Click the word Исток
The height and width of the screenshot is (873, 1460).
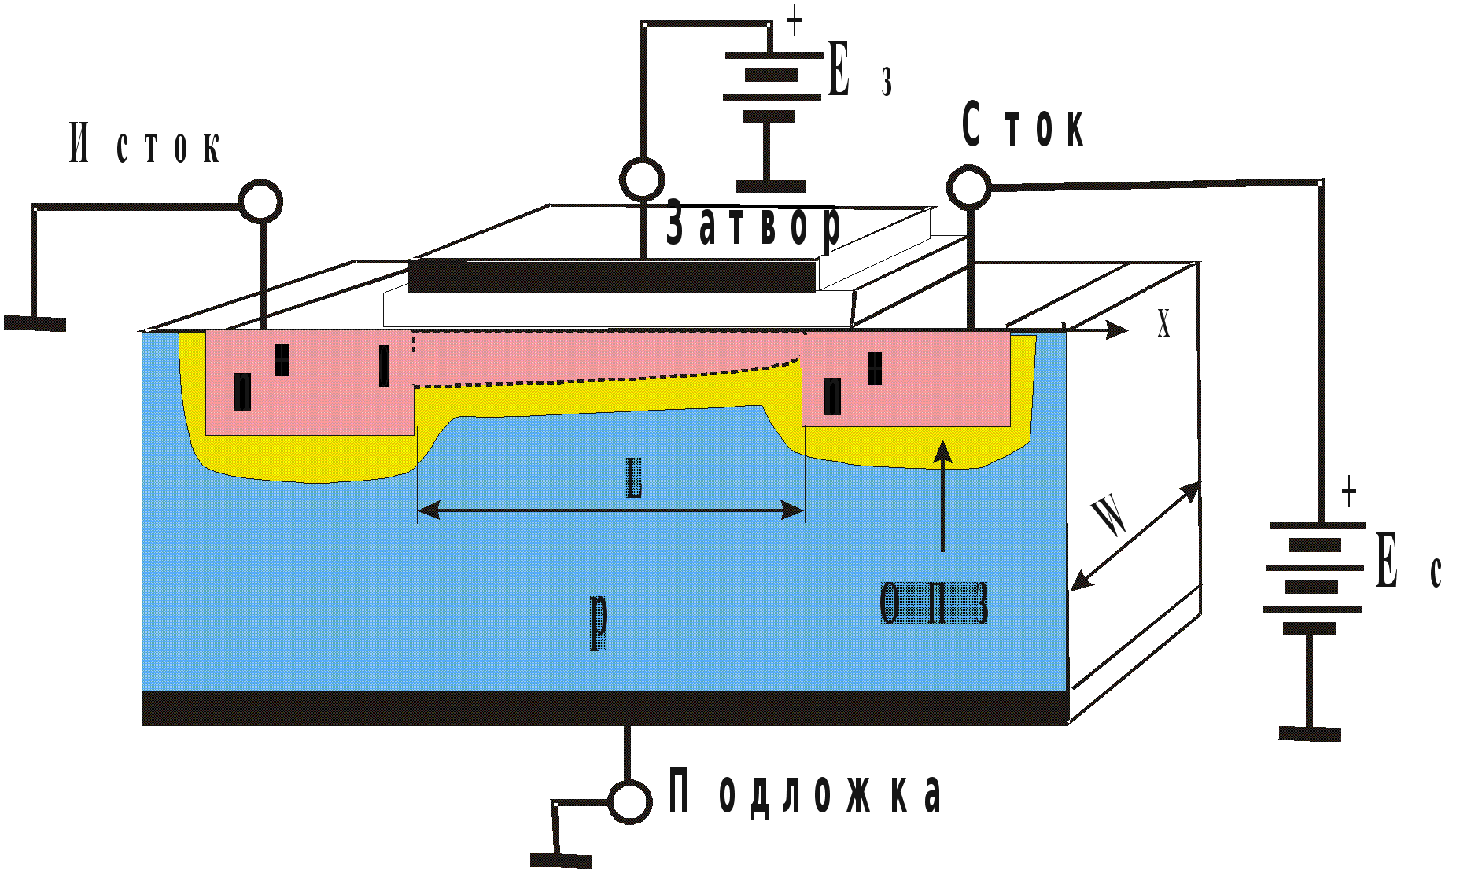point(146,144)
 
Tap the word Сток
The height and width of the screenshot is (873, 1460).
point(1023,126)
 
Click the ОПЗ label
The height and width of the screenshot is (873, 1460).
point(934,604)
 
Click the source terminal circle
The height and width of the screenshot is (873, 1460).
point(260,201)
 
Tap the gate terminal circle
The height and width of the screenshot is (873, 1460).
point(642,179)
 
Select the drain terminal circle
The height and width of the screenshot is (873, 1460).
point(968,187)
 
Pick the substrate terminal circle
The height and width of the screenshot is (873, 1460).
point(629,801)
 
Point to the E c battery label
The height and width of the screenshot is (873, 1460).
point(1408,562)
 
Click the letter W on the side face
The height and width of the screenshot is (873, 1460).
point(1110,516)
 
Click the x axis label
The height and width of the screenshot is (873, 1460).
point(1163,322)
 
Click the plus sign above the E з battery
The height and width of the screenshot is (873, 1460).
point(795,20)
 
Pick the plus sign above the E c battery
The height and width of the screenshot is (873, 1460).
point(1348,492)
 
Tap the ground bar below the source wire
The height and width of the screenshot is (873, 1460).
point(35,323)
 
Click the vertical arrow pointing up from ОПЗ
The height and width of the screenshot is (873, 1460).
point(942,495)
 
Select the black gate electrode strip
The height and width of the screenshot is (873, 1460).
point(612,276)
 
